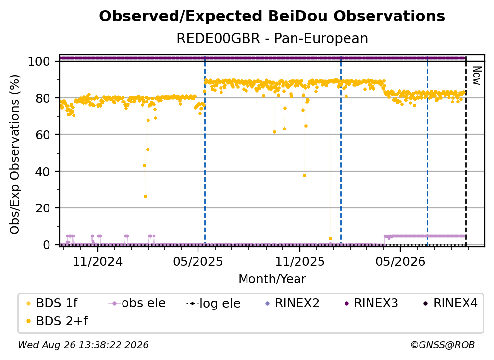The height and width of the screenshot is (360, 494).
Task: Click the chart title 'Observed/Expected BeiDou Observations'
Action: (x=272, y=16)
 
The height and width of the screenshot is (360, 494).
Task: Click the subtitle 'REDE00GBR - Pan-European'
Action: (x=272, y=38)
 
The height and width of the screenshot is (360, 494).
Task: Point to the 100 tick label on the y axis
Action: (x=39, y=61)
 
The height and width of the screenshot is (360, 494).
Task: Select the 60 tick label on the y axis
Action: (x=43, y=135)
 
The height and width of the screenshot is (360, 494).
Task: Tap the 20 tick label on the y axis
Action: (x=43, y=208)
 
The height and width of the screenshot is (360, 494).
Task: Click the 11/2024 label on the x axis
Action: (x=98, y=261)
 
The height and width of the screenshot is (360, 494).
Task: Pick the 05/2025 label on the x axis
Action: (x=198, y=261)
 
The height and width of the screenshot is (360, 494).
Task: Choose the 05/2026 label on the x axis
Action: (x=400, y=261)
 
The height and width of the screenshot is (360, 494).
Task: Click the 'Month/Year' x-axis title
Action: (x=272, y=279)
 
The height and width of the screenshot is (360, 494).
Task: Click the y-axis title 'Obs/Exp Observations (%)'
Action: (x=15, y=154)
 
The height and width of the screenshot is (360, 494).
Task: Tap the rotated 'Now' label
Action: (x=477, y=76)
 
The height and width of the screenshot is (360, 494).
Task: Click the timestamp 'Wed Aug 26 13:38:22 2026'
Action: (x=83, y=345)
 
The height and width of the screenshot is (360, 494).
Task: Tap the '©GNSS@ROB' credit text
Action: (x=443, y=345)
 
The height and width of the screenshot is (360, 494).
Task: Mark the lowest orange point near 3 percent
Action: (x=330, y=239)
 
